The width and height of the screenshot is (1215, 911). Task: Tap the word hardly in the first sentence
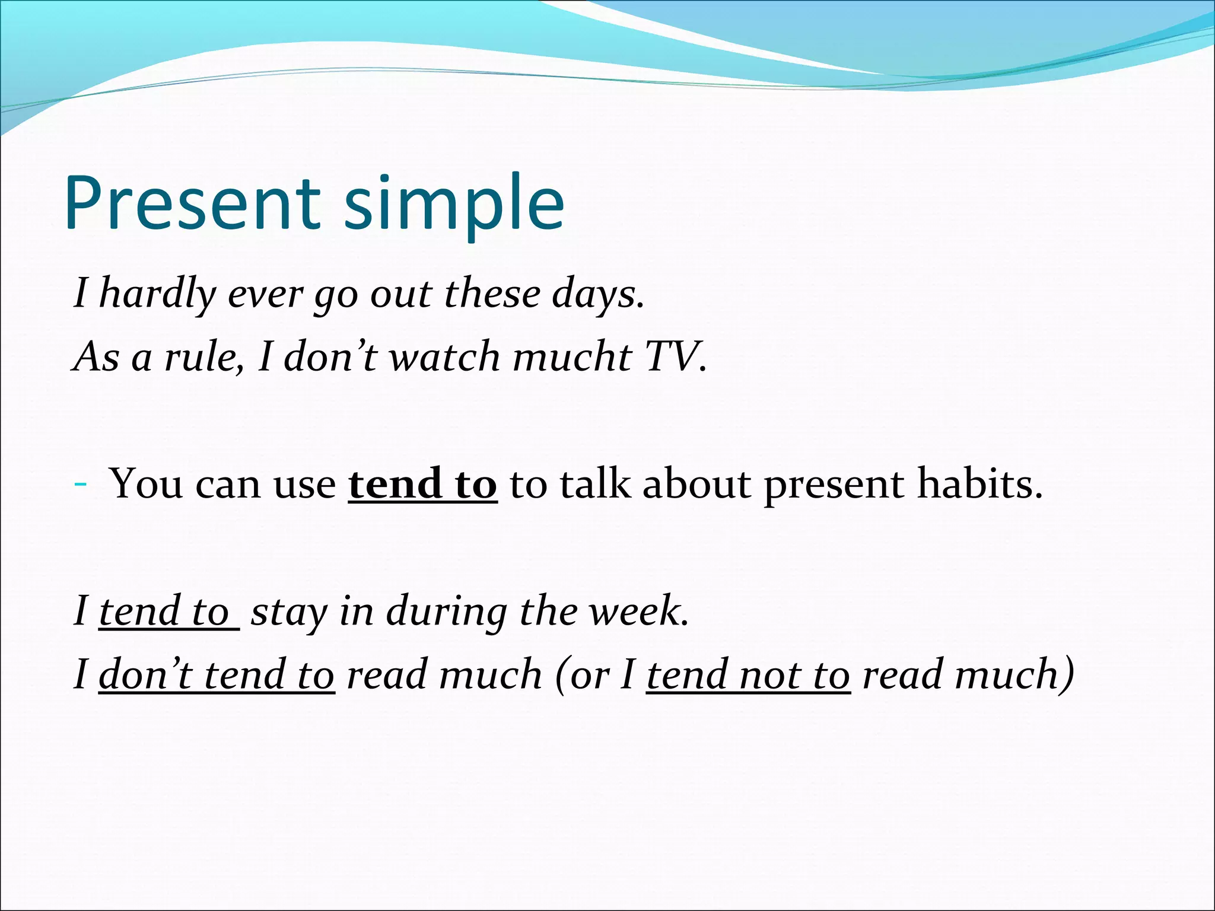(x=158, y=294)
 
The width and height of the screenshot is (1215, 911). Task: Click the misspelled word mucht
(x=572, y=357)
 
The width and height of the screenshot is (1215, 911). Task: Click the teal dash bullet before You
(x=81, y=485)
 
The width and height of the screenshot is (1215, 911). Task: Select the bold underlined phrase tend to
(x=422, y=484)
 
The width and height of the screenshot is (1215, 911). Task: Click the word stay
(x=289, y=611)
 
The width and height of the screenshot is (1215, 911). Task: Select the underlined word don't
(x=146, y=675)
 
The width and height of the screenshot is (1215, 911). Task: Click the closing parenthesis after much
(x=1068, y=675)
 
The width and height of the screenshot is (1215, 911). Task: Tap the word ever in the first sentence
(x=265, y=294)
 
